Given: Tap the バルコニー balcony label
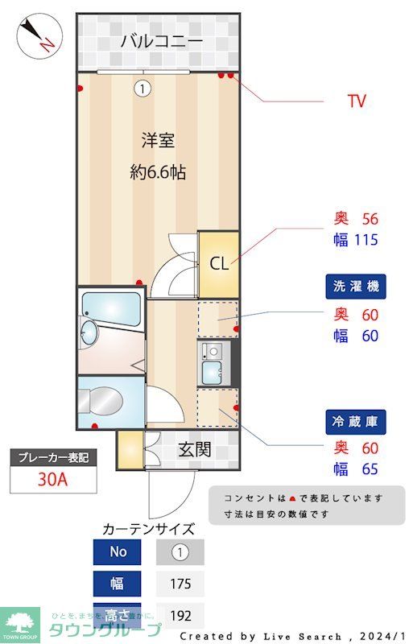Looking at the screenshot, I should (161, 40).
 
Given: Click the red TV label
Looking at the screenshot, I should (356, 101).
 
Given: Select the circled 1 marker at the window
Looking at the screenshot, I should (142, 89).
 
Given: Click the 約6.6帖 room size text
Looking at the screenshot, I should (158, 171).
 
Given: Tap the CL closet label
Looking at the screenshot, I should (219, 263).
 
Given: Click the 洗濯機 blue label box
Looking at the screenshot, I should (355, 286).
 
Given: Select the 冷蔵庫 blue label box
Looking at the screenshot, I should (355, 420).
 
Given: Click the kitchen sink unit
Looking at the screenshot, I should (213, 362).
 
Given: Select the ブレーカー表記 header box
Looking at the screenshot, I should (53, 457).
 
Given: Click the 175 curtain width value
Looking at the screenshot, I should (180, 584).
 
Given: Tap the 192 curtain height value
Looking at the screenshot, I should (180, 616).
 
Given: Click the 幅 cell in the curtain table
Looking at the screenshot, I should (118, 584).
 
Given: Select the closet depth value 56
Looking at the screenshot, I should (370, 218).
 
